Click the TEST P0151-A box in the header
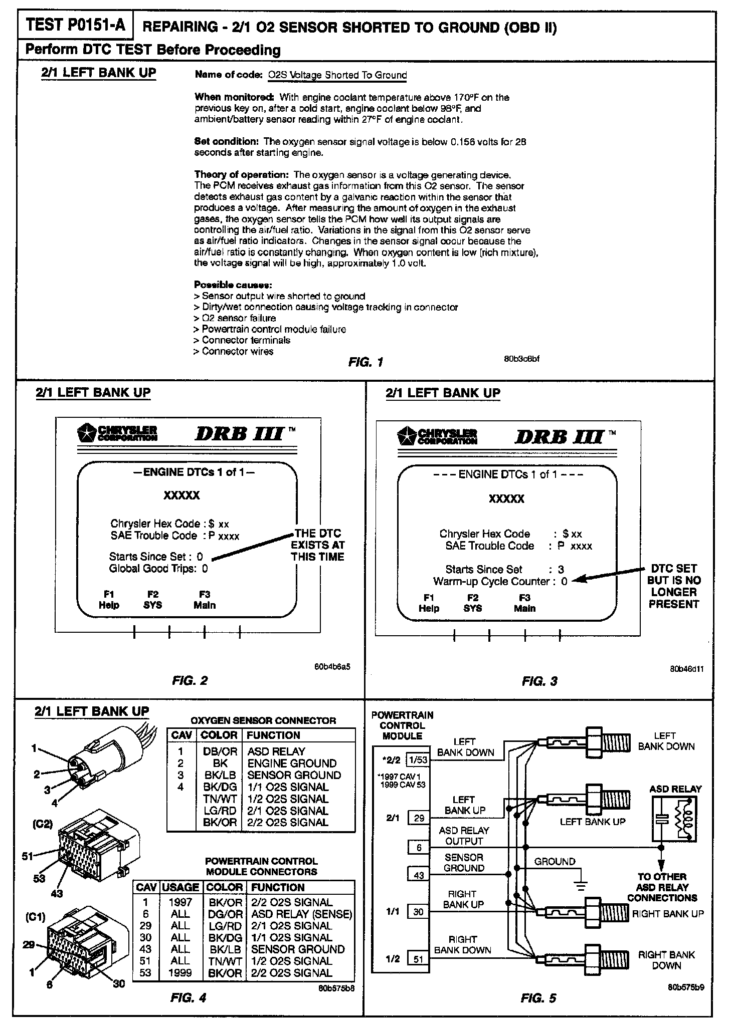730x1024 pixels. tap(76, 26)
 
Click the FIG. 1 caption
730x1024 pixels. tap(366, 362)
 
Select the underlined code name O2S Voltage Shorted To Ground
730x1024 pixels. tap(337, 75)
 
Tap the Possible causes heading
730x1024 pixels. tap(233, 285)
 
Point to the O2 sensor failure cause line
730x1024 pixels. tap(235, 318)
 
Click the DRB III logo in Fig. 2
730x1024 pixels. tap(244, 434)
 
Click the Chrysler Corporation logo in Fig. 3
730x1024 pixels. tap(437, 437)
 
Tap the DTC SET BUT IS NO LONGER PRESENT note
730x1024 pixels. tap(673, 586)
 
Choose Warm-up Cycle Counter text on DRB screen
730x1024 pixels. tap(494, 582)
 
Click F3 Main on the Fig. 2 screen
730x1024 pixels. tap(205, 600)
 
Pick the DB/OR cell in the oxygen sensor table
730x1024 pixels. tap(219, 751)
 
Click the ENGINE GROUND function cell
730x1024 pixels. tap(292, 763)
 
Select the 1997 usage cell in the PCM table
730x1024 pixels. tap(180, 902)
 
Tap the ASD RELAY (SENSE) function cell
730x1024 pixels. tap(301, 914)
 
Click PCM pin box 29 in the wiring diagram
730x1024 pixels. tap(419, 818)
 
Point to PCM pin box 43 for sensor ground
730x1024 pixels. tap(419, 875)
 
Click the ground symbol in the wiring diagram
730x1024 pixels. tap(581, 885)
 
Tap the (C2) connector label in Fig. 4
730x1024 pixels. tap(43, 824)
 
